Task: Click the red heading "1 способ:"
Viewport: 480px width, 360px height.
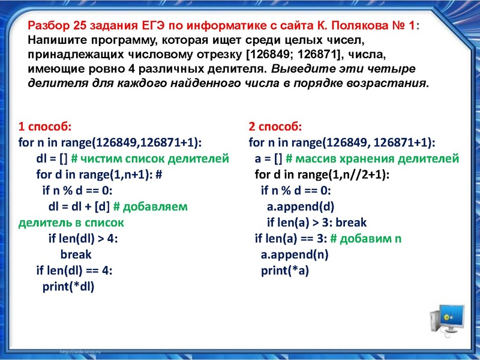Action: [45, 127]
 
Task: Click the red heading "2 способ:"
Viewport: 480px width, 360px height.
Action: [275, 127]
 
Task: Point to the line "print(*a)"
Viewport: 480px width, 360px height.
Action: [284, 270]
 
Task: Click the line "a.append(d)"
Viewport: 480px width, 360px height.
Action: [301, 207]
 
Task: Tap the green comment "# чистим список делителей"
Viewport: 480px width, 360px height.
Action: [150, 159]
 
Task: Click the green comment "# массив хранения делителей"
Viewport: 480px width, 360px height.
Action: [373, 159]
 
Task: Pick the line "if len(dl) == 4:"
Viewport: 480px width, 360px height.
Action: [74, 270]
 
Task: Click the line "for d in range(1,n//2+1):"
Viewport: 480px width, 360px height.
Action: [322, 175]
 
